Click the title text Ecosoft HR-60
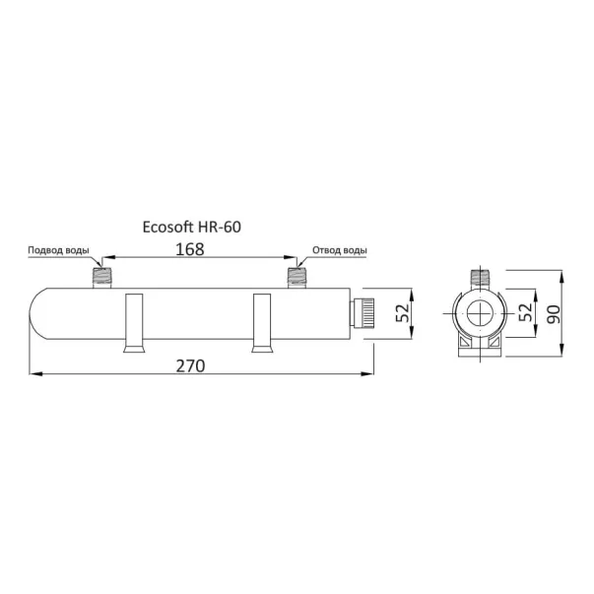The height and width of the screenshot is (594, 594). [x=192, y=227]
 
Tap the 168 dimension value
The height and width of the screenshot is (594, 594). [x=190, y=249]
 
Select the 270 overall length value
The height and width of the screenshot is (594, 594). [x=190, y=365]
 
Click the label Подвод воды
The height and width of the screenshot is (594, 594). [x=59, y=250]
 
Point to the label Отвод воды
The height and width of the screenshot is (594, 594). [x=340, y=250]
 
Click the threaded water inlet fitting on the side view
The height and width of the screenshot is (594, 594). [x=101, y=278]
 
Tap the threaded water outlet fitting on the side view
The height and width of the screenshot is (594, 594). [x=297, y=278]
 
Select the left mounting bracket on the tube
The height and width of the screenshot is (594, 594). [x=134, y=323]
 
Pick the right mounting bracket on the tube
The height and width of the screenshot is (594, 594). [x=262, y=323]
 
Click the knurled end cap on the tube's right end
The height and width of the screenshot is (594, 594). [x=363, y=313]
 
